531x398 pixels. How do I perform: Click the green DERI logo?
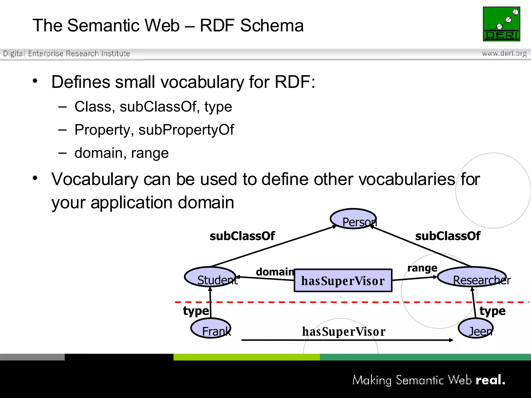[501, 24]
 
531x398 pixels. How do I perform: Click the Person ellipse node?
[353, 219]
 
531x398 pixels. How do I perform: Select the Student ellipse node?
[210, 277]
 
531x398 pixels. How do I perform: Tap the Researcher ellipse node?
[472, 277]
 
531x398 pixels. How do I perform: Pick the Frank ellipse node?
[211, 328]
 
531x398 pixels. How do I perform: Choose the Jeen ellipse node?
[476, 328]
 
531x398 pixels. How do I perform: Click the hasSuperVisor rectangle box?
[343, 281]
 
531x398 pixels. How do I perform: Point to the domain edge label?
[275, 272]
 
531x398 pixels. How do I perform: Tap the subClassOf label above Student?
[242, 236]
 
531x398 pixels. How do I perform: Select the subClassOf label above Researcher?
[448, 236]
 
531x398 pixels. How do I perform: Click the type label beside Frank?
[196, 311]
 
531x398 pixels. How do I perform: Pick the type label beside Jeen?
[492, 311]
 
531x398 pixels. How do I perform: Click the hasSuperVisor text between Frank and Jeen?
[344, 332]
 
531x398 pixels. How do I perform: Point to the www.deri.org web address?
[504, 53]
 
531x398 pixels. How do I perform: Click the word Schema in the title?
[272, 26]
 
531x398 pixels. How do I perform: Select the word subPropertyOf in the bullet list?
[186, 130]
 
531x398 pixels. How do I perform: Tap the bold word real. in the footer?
[490, 380]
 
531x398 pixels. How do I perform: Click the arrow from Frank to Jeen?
[347, 340]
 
